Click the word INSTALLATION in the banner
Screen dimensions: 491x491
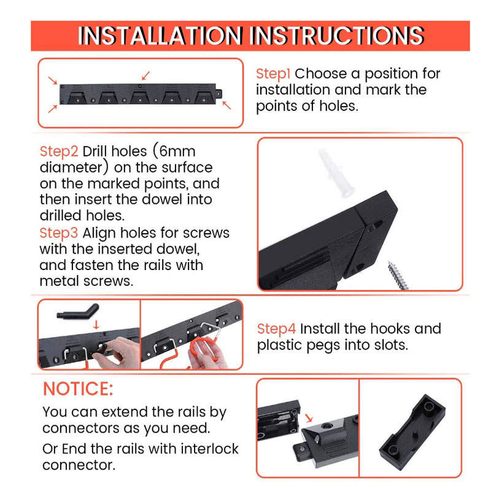pos(160,36)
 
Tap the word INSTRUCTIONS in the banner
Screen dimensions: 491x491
pos(338,36)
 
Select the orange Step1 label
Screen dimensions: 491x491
pos(273,74)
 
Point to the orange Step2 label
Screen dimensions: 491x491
pos(59,152)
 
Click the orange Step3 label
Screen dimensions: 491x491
pos(58,233)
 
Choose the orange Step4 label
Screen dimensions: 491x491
pos(276,329)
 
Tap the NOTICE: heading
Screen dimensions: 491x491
pos(78,389)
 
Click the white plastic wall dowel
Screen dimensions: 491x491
pos(336,173)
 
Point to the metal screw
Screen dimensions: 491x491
pos(398,275)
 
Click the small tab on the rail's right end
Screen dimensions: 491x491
pos(219,93)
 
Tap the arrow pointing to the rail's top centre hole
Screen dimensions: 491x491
pos(145,75)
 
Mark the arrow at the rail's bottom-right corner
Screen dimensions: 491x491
pos(226,105)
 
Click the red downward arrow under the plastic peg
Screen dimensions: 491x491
pos(96,325)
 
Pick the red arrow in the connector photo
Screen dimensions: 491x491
pos(309,418)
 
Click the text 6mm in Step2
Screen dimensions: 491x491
pos(177,152)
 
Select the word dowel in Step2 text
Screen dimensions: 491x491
pos(162,199)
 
